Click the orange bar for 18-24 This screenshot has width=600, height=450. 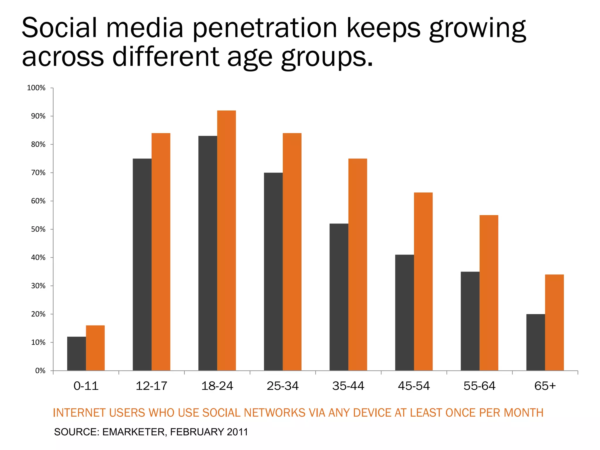coord(226,240)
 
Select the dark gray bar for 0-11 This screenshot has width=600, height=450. coord(76,354)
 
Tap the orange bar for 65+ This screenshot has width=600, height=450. coord(554,322)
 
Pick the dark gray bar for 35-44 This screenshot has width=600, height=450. coord(339,297)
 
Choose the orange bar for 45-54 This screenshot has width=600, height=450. coord(423,281)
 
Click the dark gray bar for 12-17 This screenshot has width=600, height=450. coord(142,264)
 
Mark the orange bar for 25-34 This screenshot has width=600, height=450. coord(292,252)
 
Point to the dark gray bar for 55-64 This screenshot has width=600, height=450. coord(470,321)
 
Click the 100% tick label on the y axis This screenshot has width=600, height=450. coord(36,88)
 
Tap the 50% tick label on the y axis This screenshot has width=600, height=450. coord(38,229)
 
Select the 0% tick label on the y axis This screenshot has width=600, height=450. coord(40,371)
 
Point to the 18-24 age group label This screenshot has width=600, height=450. coord(217,386)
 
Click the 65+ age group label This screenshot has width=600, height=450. coord(545,386)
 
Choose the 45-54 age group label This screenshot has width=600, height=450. coord(414,386)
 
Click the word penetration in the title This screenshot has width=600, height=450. coord(265,29)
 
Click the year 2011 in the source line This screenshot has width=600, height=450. coord(237,432)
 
